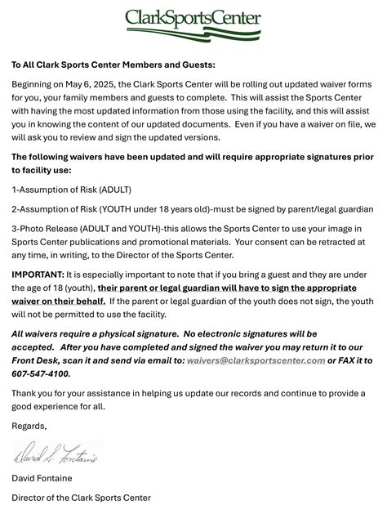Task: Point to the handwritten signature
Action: (x=56, y=452)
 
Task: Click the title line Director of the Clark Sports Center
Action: (x=81, y=497)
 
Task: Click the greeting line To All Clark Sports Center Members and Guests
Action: (x=113, y=65)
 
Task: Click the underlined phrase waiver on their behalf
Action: (x=57, y=301)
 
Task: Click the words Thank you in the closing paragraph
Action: (x=33, y=392)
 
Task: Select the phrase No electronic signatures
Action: (x=243, y=333)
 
